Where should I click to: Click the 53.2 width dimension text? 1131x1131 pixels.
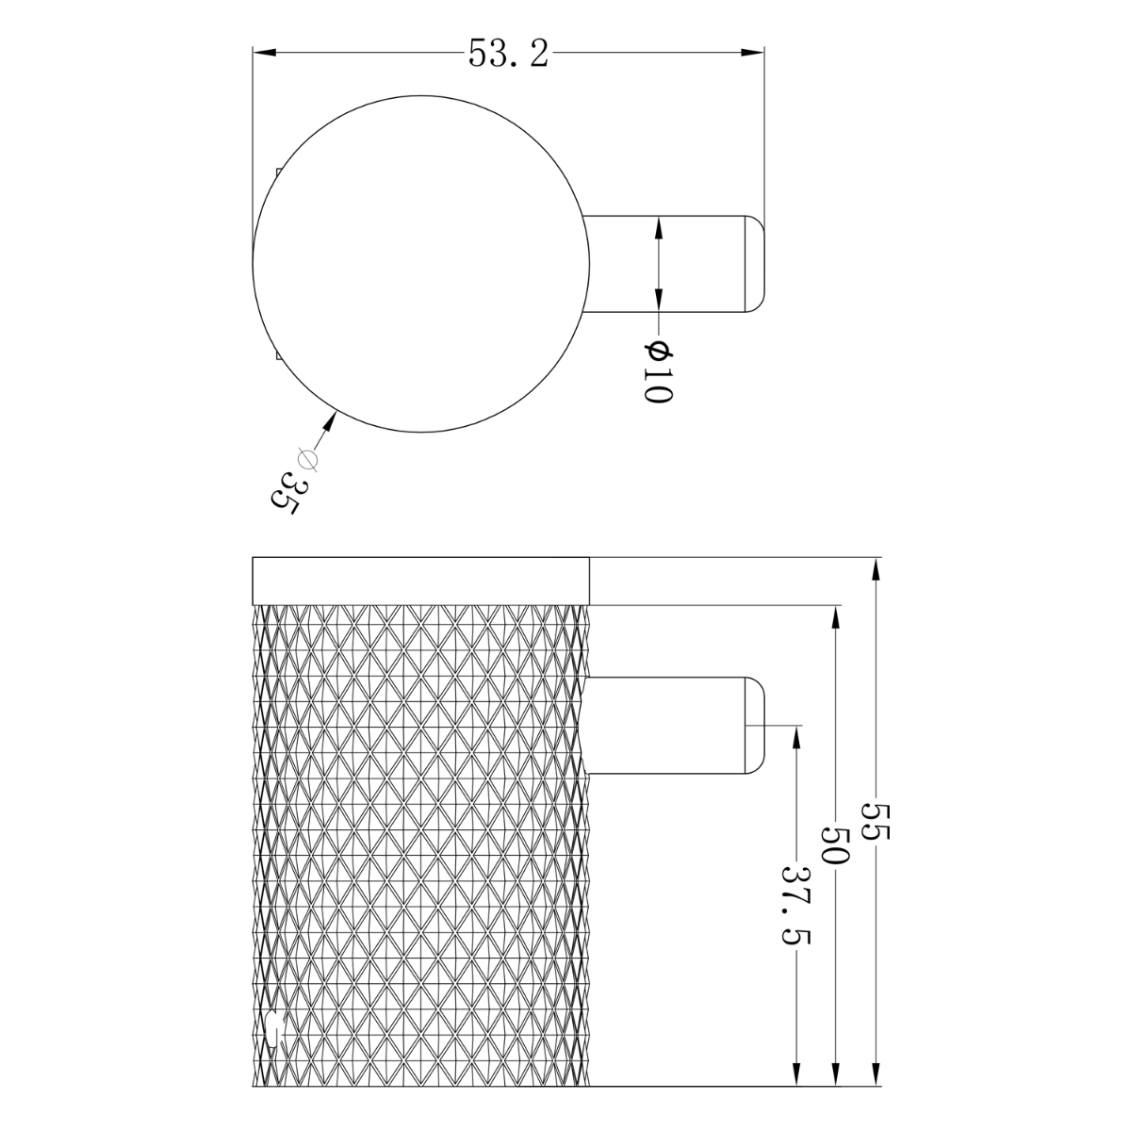click(508, 54)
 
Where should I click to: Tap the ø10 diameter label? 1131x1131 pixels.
click(657, 373)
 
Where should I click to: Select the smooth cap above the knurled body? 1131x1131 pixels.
click(421, 580)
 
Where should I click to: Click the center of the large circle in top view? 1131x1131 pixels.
click(422, 264)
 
